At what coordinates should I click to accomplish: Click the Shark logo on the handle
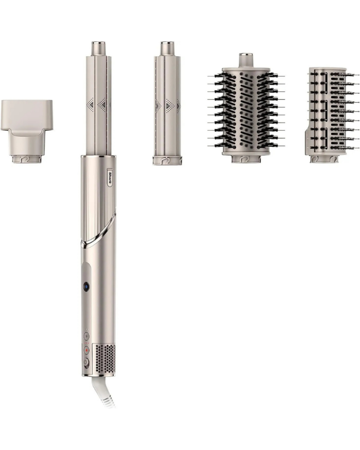110,177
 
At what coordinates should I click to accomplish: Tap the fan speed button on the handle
86,336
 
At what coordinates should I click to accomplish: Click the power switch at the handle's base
85,363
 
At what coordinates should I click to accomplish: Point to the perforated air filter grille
105,359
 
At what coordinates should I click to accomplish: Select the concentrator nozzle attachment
26,131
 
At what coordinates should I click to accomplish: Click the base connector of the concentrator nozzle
28,159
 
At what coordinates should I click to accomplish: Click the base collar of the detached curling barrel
167,160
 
